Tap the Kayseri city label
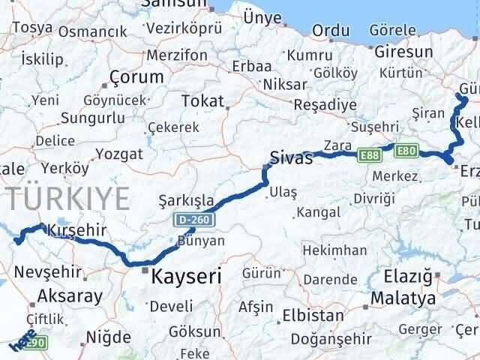(x=186, y=277)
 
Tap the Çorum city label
(x=136, y=77)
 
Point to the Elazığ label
(x=407, y=277)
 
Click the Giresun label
(x=403, y=52)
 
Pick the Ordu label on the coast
(x=331, y=31)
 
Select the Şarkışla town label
(x=187, y=201)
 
